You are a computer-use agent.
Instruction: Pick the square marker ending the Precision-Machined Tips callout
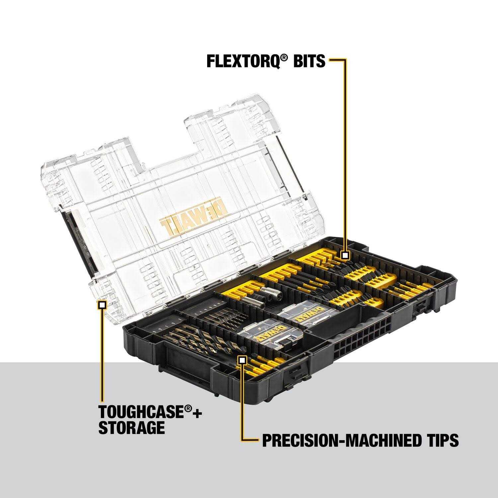[242, 360]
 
